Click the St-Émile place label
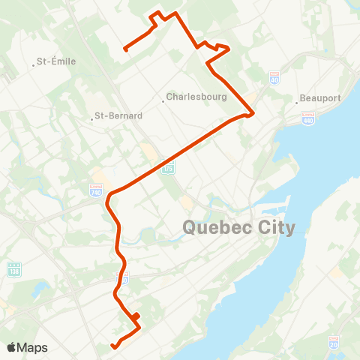(57, 61)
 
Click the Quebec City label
(239, 226)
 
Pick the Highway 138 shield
(14, 268)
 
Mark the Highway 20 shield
(334, 343)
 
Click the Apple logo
(13, 347)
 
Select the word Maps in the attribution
(33, 347)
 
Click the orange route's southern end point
(112, 346)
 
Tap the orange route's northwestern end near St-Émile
(124, 49)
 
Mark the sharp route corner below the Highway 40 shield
(253, 113)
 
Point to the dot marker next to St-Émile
(34, 65)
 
